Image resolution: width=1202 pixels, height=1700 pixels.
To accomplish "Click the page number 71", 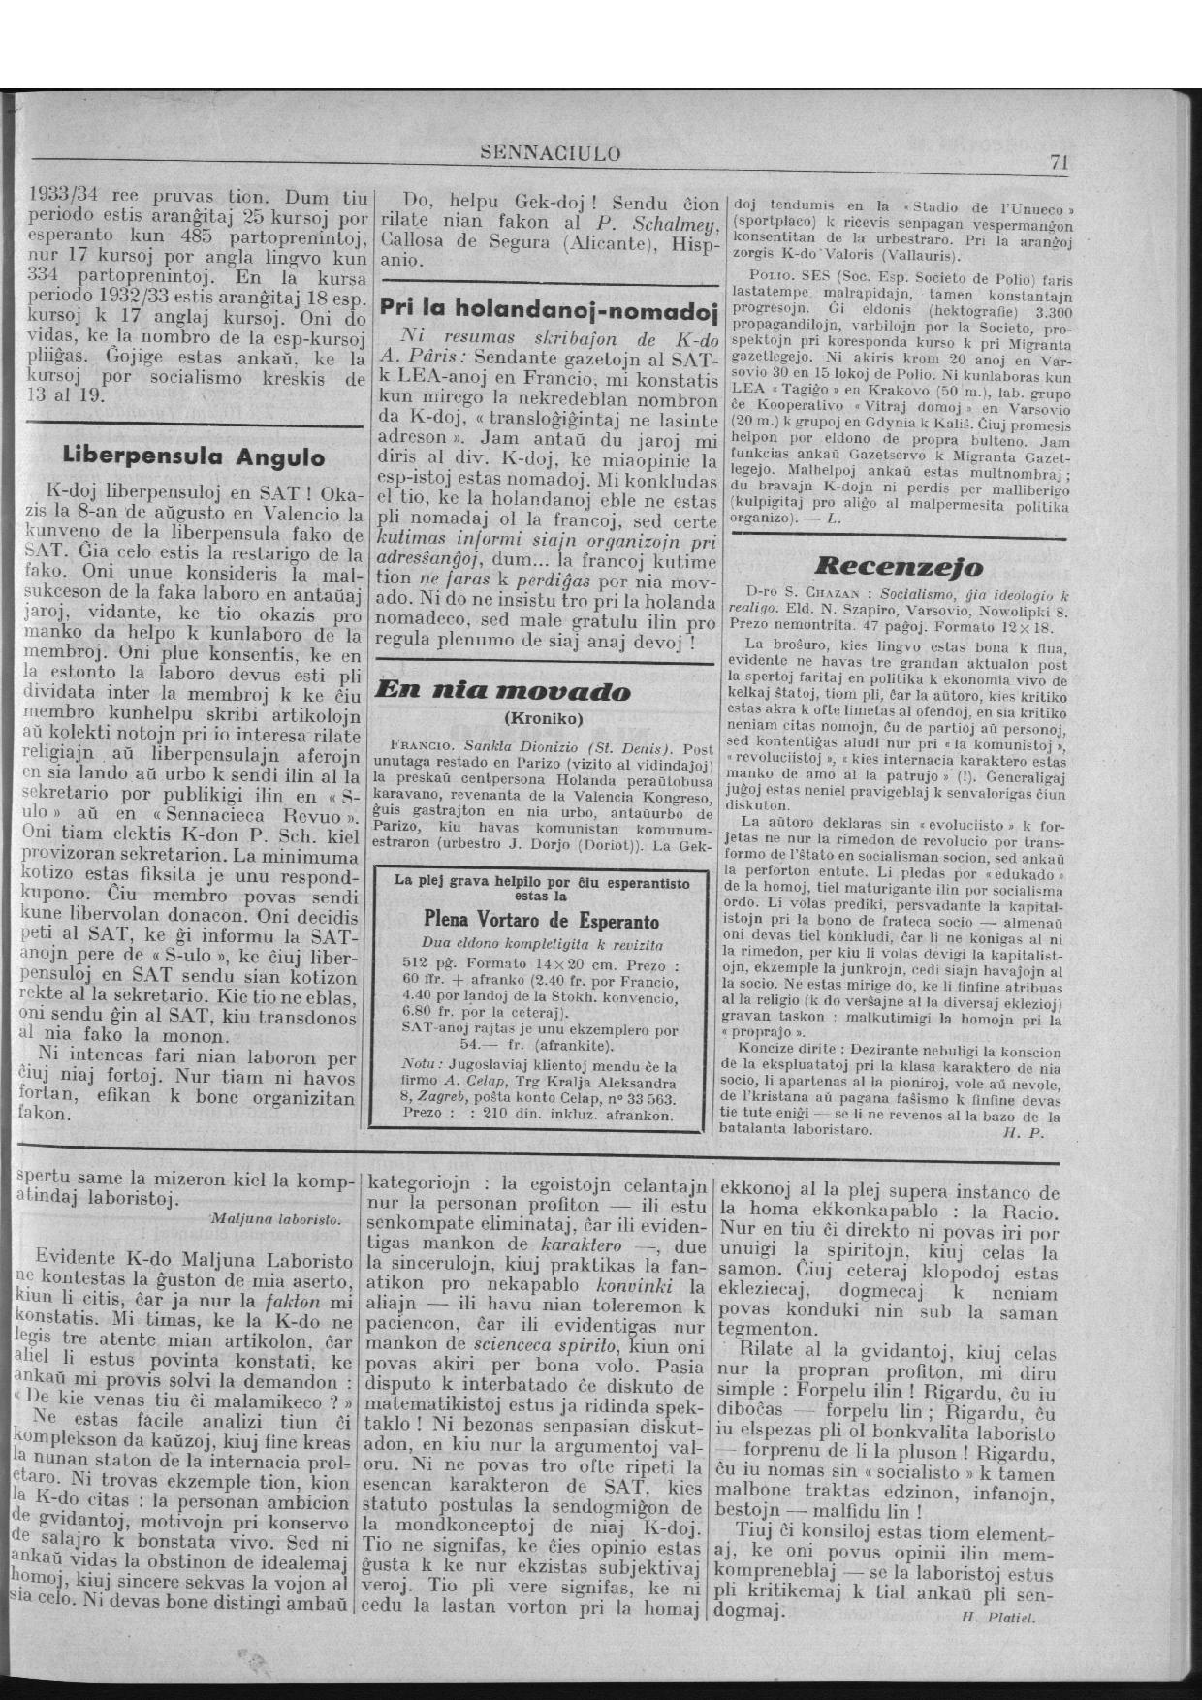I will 1059,163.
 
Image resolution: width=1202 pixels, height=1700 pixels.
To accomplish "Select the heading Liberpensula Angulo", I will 193,456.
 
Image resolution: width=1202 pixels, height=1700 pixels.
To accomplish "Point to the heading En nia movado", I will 501,691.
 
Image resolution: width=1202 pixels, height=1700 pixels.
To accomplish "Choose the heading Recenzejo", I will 899,566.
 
